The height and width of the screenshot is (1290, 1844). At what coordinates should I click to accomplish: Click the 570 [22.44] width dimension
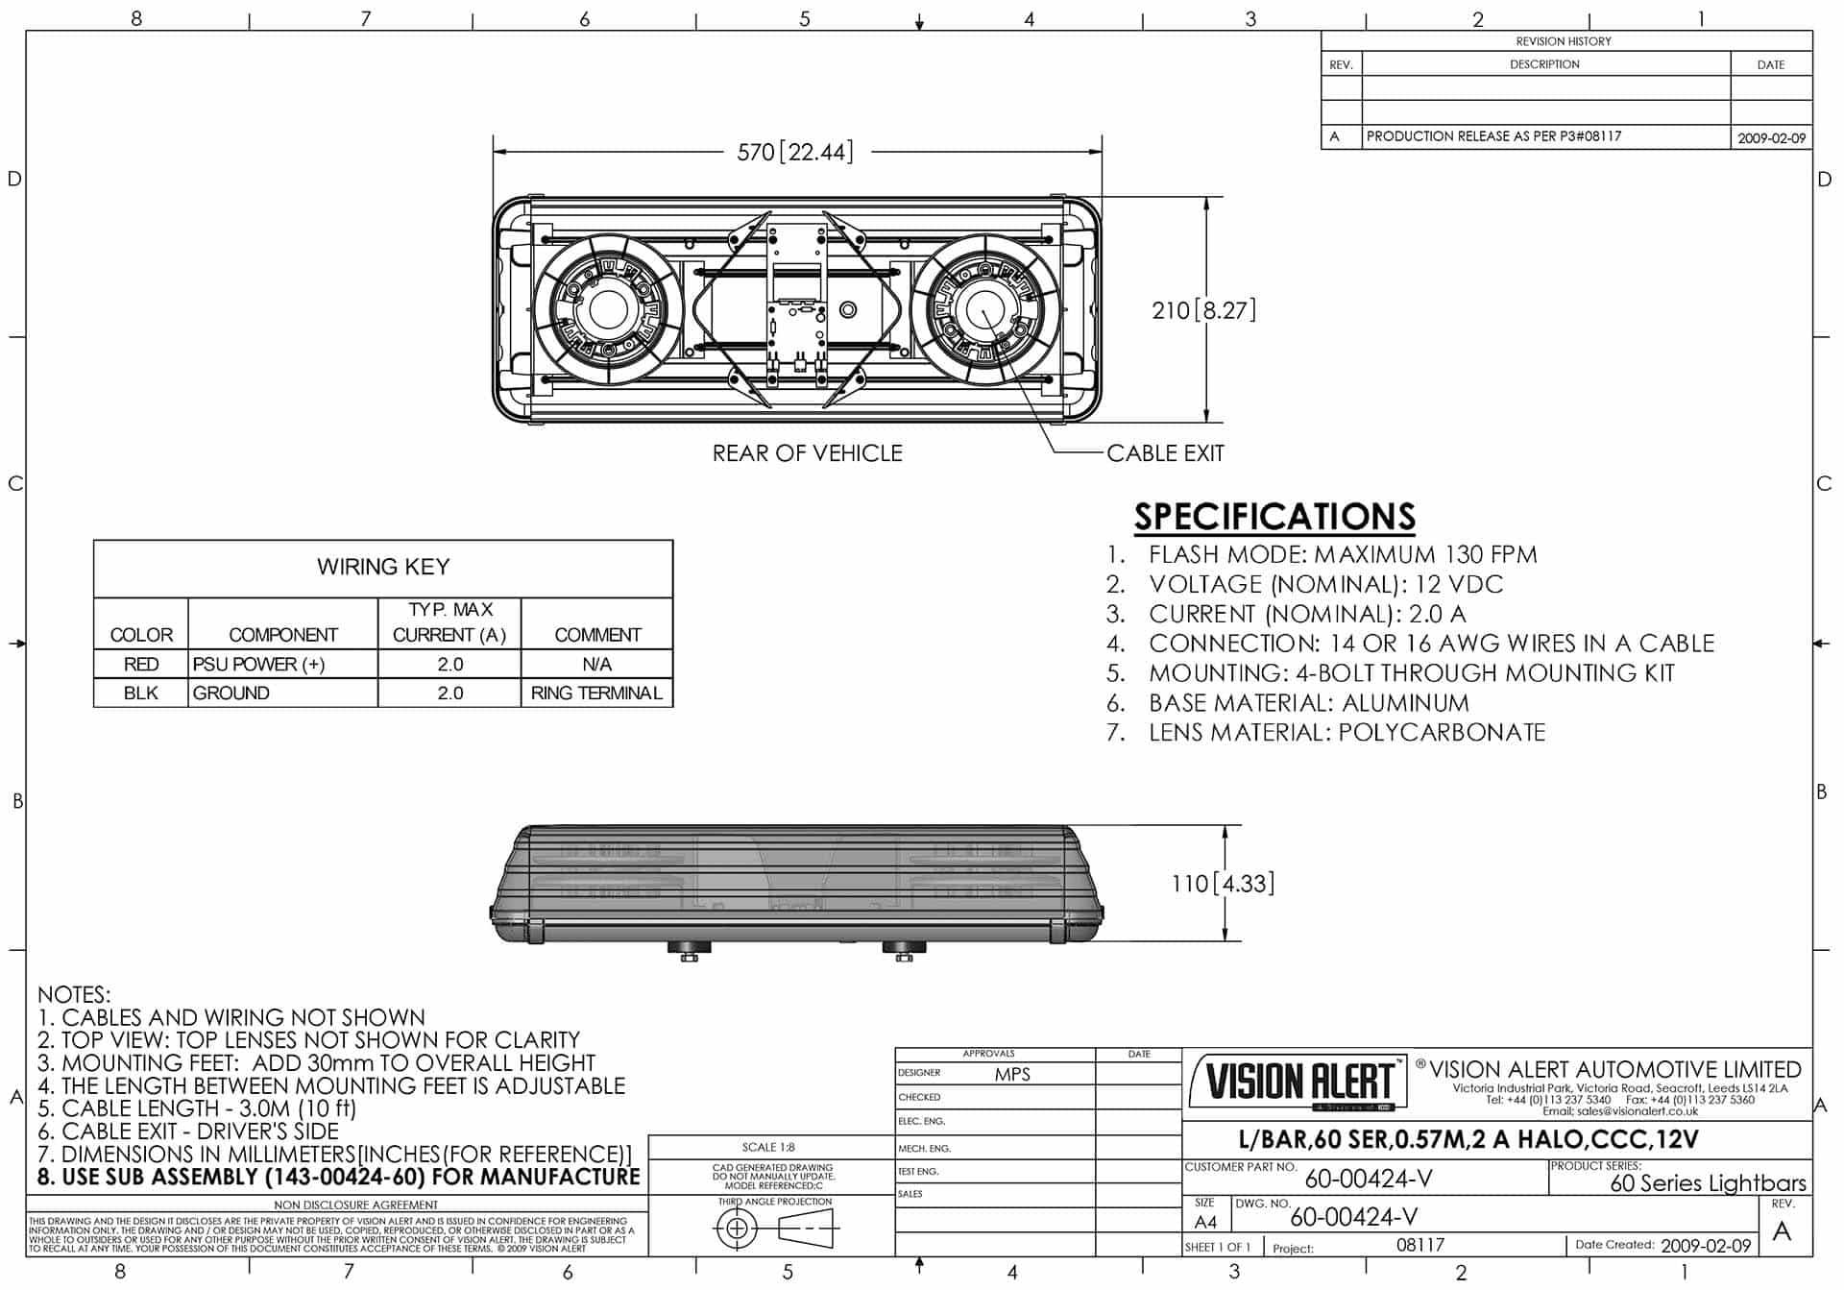point(794,152)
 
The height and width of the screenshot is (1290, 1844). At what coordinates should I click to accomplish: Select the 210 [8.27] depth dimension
point(1203,310)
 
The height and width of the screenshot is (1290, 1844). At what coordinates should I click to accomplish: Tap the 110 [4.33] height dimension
point(1223,884)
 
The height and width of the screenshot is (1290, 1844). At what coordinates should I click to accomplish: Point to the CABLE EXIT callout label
point(1165,453)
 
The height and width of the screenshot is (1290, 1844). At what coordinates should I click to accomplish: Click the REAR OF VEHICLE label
point(807,453)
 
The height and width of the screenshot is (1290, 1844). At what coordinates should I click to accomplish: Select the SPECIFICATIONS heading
point(1274,517)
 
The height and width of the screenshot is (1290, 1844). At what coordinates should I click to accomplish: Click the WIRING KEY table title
point(383,568)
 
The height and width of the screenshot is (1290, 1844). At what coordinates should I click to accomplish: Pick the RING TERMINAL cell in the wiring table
point(596,694)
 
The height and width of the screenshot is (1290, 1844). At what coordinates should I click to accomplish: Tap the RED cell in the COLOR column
point(141,665)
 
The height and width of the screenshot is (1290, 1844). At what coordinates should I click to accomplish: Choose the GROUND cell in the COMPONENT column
point(231,694)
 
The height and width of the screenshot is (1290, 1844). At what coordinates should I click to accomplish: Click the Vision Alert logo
point(1298,1082)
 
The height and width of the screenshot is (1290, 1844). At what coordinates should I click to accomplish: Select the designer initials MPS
point(1012,1075)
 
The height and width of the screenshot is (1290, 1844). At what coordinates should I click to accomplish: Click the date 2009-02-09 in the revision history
point(1771,138)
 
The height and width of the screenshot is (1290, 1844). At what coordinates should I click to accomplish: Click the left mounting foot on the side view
point(689,951)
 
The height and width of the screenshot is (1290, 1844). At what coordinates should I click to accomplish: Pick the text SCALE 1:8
point(768,1148)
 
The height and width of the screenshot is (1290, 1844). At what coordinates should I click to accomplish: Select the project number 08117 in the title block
point(1420,1246)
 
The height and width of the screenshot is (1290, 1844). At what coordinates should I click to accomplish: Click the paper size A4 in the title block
point(1205,1223)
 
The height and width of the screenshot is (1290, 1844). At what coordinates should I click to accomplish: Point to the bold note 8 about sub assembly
point(339,1178)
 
